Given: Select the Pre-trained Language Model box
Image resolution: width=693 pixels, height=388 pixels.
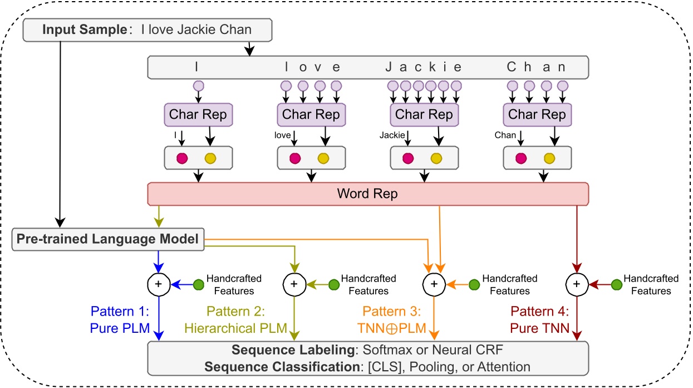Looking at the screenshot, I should pos(108,239).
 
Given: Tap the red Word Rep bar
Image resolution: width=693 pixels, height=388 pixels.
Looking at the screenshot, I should pos(367,195).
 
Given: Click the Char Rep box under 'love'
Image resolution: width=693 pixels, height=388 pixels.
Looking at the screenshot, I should pos(311,115).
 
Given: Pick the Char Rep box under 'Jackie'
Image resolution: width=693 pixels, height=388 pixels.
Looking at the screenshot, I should pos(424,115).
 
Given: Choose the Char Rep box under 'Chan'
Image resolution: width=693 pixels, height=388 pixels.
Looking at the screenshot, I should pos(537,115).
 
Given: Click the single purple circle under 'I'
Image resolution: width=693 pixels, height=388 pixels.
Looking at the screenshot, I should pos(198,86).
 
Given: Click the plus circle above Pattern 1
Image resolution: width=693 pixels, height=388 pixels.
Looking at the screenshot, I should pos(159,284).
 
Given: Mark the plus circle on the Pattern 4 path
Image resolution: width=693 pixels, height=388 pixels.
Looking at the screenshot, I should pos(577,284).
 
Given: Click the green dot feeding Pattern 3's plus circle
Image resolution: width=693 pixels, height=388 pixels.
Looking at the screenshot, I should pos(474,284).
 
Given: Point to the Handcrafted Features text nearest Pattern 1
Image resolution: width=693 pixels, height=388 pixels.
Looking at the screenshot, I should pos(234,284).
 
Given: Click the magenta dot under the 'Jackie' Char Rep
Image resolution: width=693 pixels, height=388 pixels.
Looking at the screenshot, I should pos(408,158).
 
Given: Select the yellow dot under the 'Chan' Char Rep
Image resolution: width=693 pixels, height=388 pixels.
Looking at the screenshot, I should pos(549,158).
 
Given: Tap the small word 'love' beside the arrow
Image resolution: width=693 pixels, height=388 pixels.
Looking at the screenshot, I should pos(283,135).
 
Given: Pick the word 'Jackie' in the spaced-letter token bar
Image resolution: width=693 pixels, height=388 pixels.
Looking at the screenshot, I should pos(424,67).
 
